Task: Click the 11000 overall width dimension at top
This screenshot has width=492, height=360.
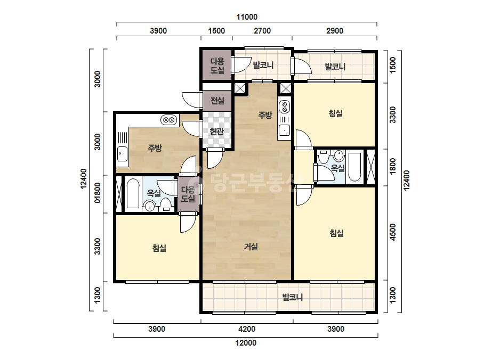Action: point(247,17)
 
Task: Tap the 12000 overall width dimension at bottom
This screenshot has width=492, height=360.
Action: point(246,343)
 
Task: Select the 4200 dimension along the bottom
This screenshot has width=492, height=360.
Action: point(247,329)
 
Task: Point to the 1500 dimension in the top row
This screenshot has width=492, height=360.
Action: point(216,31)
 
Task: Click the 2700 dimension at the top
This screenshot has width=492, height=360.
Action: point(262,31)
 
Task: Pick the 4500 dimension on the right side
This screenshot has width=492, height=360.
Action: point(393,232)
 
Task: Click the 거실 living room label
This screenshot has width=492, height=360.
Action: point(251,247)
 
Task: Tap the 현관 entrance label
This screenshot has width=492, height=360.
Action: point(216,132)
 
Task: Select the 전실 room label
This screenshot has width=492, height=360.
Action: point(217,101)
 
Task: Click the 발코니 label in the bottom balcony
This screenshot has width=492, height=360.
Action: point(293,297)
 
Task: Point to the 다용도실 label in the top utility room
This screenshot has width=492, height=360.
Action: point(217,66)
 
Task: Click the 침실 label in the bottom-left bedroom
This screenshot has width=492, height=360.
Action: point(159,248)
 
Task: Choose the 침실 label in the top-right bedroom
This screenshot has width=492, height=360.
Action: point(335,113)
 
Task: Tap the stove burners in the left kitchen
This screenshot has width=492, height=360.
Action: point(169,120)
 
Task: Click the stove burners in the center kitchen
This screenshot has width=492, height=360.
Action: point(284,107)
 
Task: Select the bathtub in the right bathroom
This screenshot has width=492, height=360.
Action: point(355,167)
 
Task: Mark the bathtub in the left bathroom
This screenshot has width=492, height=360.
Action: point(133,194)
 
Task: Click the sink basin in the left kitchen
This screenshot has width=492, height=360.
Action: point(123,154)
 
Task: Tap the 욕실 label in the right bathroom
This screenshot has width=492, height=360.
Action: point(337,168)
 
